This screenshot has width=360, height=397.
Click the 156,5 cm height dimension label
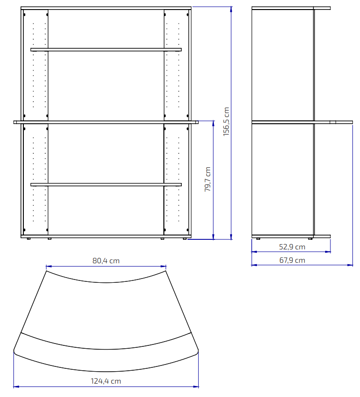(x=226, y=121)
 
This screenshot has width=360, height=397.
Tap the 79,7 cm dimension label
(x=208, y=179)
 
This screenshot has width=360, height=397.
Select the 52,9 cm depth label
(x=292, y=247)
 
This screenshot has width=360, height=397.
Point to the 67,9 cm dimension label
(x=292, y=260)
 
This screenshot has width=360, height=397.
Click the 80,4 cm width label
(x=106, y=261)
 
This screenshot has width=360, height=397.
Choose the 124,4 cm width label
(x=106, y=381)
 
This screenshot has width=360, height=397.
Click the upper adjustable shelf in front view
(x=106, y=50)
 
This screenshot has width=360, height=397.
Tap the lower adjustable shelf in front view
(x=106, y=184)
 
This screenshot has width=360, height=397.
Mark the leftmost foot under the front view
(x=29, y=239)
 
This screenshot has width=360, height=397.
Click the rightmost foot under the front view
(x=185, y=239)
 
